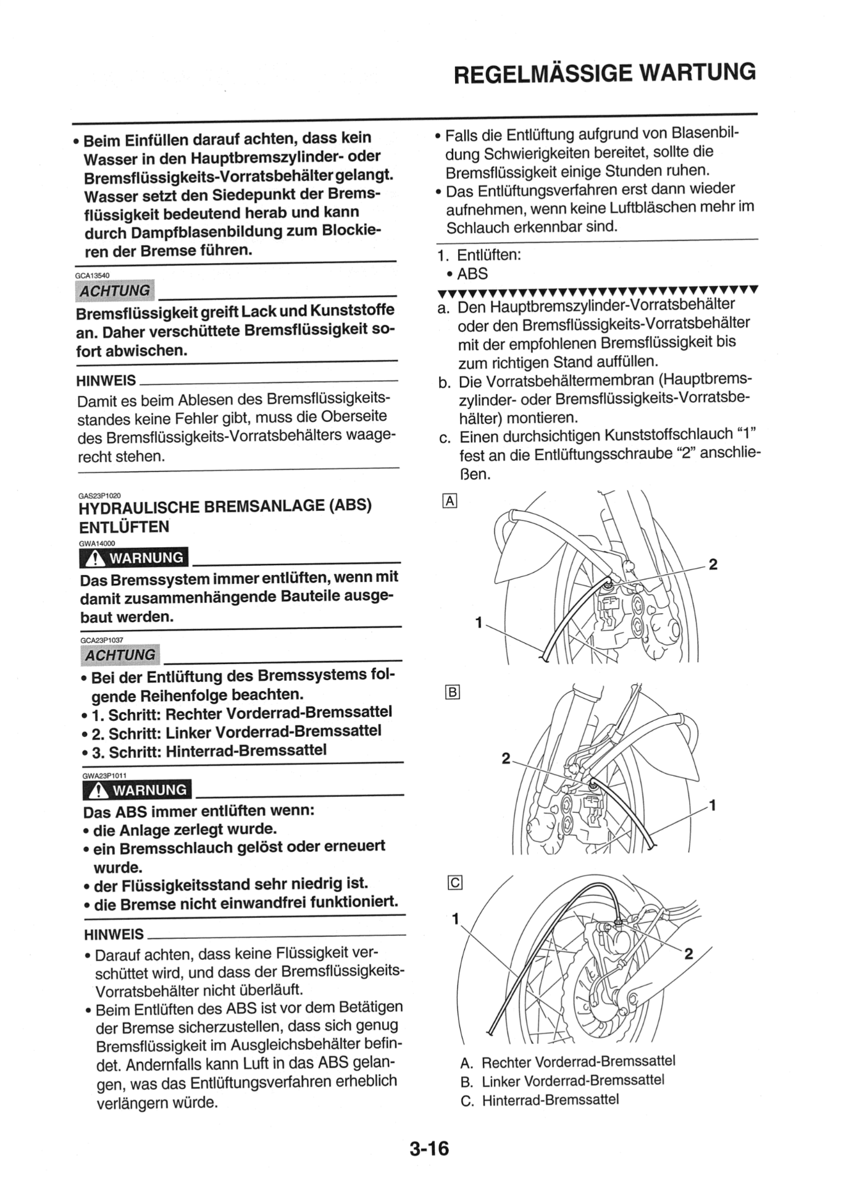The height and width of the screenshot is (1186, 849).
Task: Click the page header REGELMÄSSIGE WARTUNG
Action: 604,74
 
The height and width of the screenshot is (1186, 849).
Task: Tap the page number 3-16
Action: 429,1149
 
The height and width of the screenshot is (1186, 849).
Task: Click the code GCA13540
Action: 93,275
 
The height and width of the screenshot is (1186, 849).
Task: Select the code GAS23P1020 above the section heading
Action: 100,495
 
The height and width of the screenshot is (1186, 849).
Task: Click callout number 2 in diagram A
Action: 713,564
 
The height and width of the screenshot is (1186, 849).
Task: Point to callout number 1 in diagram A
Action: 479,623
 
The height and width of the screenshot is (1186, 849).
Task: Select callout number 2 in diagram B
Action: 506,758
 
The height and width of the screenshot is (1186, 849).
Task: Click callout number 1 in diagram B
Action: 713,805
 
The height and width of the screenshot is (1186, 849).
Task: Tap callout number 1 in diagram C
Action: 456,919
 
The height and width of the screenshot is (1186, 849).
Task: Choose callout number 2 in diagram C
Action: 689,954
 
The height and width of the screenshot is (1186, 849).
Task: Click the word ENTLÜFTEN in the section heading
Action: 124,527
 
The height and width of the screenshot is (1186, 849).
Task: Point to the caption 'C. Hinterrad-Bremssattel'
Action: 540,1100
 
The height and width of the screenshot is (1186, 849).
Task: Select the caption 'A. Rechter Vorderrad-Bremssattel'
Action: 567,1062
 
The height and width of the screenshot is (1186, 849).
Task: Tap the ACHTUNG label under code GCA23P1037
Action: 120,655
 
